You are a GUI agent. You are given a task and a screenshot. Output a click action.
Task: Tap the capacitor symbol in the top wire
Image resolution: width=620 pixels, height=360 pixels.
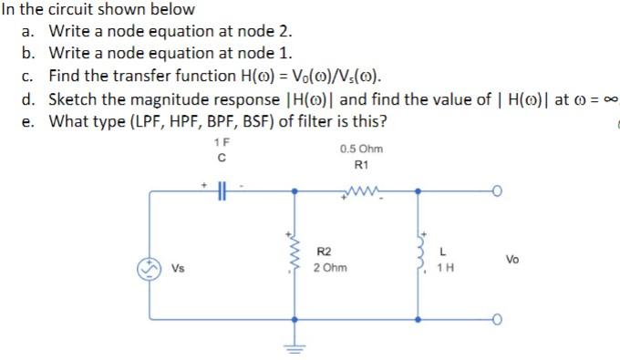tap(222, 190)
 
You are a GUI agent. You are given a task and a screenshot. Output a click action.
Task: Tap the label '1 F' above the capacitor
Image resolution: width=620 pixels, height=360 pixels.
tap(221, 143)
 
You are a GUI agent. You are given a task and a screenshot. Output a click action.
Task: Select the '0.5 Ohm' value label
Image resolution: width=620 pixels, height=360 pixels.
tap(360, 149)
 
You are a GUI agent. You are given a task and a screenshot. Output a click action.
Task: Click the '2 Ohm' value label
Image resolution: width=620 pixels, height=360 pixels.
tap(328, 268)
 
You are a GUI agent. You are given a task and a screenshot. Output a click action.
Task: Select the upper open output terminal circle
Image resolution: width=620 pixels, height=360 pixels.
tap(498, 191)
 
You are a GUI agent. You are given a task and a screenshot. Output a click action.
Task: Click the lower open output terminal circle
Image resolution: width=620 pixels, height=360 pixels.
tap(498, 319)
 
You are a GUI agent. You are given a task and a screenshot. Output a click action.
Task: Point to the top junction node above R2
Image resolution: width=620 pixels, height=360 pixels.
tap(293, 191)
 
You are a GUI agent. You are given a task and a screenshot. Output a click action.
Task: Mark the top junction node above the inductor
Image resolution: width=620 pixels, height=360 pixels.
tap(418, 191)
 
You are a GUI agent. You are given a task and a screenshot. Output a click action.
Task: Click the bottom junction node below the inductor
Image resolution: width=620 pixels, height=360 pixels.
tap(418, 319)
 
